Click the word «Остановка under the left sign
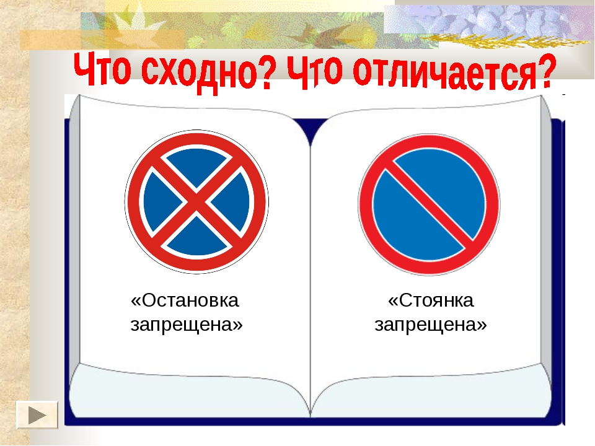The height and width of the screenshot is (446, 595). pyautogui.click(x=185, y=300)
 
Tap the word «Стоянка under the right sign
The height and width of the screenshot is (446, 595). pyautogui.click(x=431, y=300)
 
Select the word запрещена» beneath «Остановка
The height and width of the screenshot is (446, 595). pyautogui.click(x=187, y=325)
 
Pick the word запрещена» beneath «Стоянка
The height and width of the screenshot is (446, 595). pyautogui.click(x=431, y=325)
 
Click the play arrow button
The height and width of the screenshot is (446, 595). pyautogui.click(x=37, y=415)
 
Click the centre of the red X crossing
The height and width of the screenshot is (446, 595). pyautogui.click(x=196, y=202)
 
